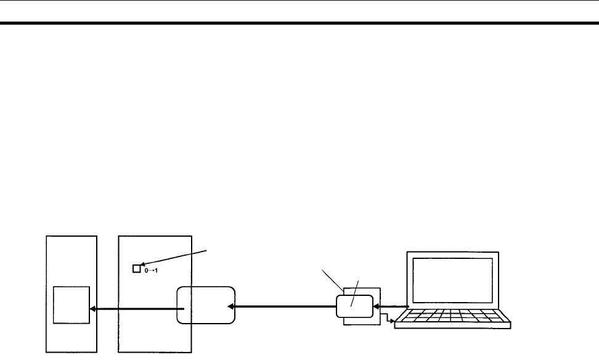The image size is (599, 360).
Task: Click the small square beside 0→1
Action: pyautogui.click(x=137, y=269)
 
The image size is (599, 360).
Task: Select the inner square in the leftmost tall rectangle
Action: pyautogui.click(x=71, y=305)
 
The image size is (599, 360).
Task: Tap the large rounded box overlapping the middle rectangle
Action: pyautogui.click(x=206, y=305)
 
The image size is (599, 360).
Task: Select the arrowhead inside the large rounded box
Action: pyautogui.click(x=230, y=305)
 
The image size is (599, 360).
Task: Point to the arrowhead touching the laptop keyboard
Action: pyautogui.click(x=393, y=321)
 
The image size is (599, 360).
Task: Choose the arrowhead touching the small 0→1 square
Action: pyautogui.click(x=144, y=266)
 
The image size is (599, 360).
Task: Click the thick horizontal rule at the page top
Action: pyautogui.click(x=299, y=24)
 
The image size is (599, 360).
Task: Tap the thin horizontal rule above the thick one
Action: pyautogui.click(x=299, y=1)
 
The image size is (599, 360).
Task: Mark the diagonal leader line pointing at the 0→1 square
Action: pyautogui.click(x=179, y=258)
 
